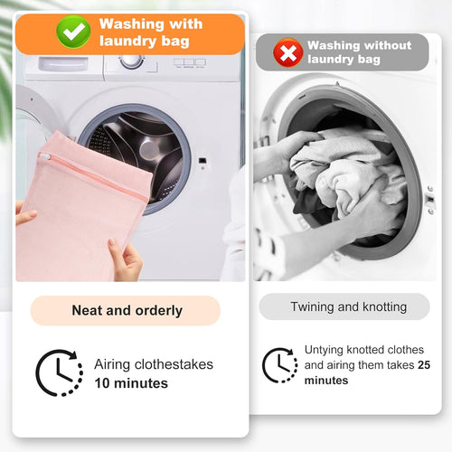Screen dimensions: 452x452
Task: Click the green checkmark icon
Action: click(x=73, y=32)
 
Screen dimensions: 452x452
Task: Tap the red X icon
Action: click(x=288, y=52)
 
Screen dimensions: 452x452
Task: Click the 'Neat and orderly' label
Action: click(x=127, y=310)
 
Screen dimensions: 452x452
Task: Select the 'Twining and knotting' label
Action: click(x=349, y=306)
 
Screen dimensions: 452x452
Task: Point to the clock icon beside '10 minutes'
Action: click(x=60, y=372)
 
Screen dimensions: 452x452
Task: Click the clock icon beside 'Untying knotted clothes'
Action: click(x=280, y=365)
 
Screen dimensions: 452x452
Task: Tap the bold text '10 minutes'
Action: click(x=131, y=383)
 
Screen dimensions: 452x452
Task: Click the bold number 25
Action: click(x=424, y=365)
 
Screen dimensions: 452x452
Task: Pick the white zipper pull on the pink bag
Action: click(x=44, y=155)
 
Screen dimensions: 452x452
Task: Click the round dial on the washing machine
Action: click(x=132, y=61)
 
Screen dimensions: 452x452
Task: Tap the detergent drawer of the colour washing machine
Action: click(x=63, y=64)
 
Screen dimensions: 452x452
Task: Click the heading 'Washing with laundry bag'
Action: click(x=151, y=33)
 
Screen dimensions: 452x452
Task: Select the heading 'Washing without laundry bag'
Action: click(x=359, y=52)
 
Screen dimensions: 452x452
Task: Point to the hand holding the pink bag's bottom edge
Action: click(x=126, y=259)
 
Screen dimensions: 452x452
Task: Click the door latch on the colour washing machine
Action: click(x=202, y=161)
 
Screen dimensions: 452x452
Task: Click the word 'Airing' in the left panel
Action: click(x=112, y=365)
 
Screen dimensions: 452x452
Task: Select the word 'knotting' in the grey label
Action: click(x=384, y=307)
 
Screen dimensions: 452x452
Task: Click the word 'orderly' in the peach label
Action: click(x=159, y=311)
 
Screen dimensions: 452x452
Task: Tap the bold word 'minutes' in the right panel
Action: click(x=326, y=381)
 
